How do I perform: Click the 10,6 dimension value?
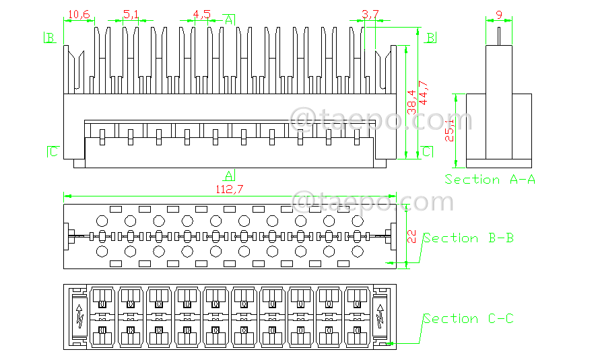[x=79, y=13]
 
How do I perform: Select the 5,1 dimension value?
[x=131, y=13]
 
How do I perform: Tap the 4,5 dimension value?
[x=201, y=13]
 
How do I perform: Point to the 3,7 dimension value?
[x=370, y=13]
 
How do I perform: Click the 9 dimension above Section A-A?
[x=498, y=13]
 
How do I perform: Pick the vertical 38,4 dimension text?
[x=411, y=102]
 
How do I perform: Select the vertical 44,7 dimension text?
[x=424, y=92]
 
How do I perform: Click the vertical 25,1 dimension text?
[x=450, y=129]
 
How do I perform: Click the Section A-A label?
[x=490, y=180]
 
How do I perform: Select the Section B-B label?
[x=469, y=238]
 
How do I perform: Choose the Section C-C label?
[x=469, y=318]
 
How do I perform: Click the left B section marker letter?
[x=51, y=38]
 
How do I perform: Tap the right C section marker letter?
[x=426, y=151]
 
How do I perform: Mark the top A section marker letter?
[x=229, y=20]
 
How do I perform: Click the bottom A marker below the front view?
[x=229, y=175]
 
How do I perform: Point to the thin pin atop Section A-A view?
[x=499, y=34]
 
